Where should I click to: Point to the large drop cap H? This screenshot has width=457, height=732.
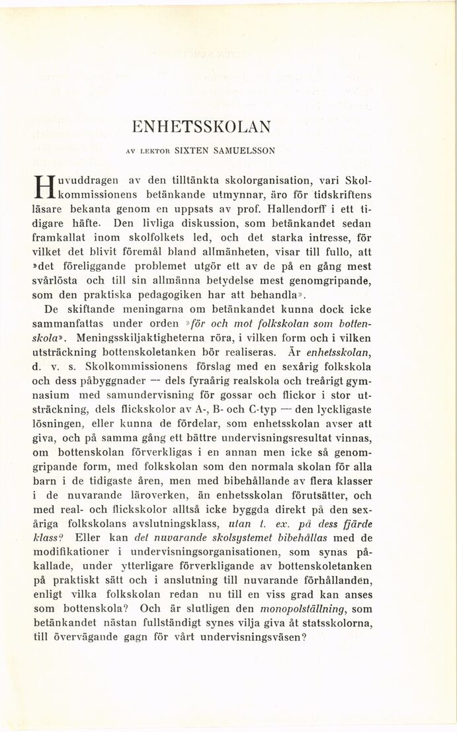tap(50, 188)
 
